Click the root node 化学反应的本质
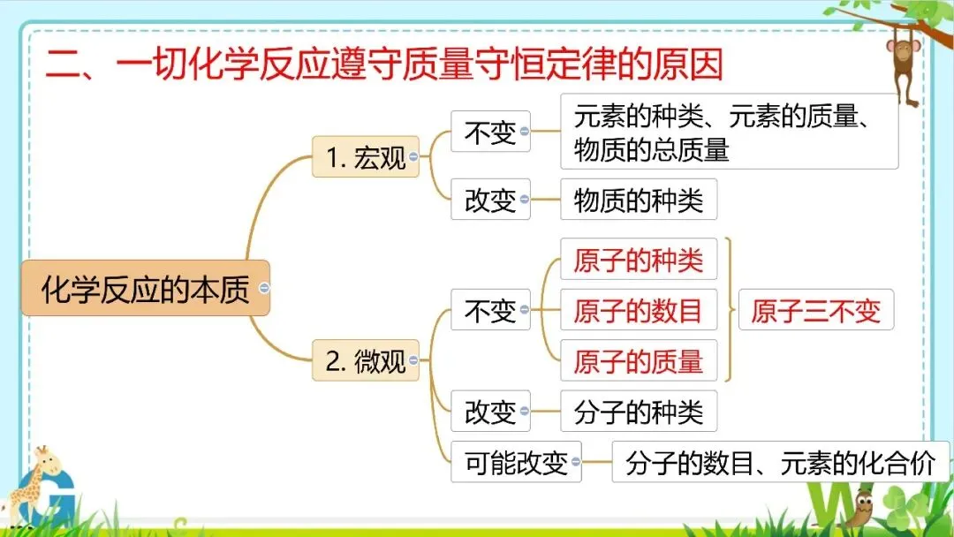pyautogui.click(x=145, y=289)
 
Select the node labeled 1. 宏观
pyautogui.click(x=366, y=156)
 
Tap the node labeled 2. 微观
pyautogui.click(x=366, y=361)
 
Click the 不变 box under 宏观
pyautogui.click(x=490, y=132)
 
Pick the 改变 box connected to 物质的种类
pyautogui.click(x=490, y=200)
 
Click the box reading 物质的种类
pyautogui.click(x=638, y=200)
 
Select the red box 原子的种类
pyautogui.click(x=638, y=260)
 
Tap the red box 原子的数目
pyautogui.click(x=638, y=310)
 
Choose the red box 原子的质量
pyautogui.click(x=638, y=360)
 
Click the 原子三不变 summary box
pyautogui.click(x=815, y=310)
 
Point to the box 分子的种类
pyautogui.click(x=638, y=412)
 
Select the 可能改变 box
pyautogui.click(x=516, y=462)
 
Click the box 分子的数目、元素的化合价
pyautogui.click(x=780, y=462)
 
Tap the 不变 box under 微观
pyautogui.click(x=490, y=310)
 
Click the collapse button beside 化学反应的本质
pyautogui.click(x=264, y=289)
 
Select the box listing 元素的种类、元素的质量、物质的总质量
pyautogui.click(x=729, y=132)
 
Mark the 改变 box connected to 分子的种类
pyautogui.click(x=490, y=412)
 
